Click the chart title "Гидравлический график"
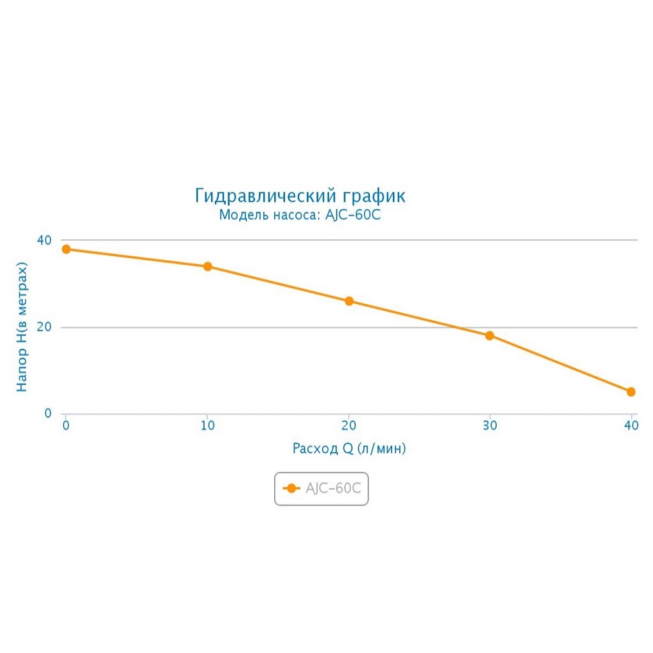[x=300, y=196]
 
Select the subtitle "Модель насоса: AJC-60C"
[x=300, y=215]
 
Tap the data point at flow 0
[x=66, y=249]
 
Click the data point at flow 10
[x=207, y=267]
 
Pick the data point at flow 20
[x=349, y=301]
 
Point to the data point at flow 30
[x=490, y=335]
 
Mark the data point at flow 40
[x=631, y=392]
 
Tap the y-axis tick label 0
[x=48, y=414]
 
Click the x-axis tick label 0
[x=66, y=426]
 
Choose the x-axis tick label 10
[x=207, y=426]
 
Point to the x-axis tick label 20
[x=349, y=426]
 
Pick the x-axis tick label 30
[x=490, y=426]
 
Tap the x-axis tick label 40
[x=631, y=426]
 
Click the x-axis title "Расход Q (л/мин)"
[x=349, y=448]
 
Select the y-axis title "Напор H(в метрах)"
[x=22, y=326]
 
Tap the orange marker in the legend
[x=291, y=488]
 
